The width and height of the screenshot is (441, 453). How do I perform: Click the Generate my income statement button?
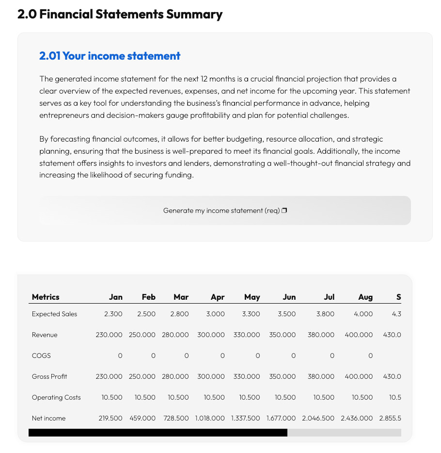point(225,210)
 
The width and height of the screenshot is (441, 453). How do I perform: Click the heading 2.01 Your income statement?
point(110,56)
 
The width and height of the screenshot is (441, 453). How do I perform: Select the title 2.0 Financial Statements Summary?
point(120,15)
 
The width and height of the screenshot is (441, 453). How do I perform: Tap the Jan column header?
point(116,297)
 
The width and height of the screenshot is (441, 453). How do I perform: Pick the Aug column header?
point(365,297)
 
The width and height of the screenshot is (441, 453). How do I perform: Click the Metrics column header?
point(46,297)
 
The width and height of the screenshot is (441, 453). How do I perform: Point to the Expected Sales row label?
point(54,314)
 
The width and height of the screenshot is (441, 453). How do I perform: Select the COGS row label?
point(41,356)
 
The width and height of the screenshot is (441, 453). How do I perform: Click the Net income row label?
point(48,418)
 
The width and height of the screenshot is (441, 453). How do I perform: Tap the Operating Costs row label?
point(56,397)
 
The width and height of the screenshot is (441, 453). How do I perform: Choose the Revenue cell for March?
point(175,335)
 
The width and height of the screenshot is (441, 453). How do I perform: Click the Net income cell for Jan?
point(110,418)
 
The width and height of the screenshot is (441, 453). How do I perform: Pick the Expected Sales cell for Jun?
point(287,314)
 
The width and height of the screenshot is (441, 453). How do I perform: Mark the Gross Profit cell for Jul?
point(321,376)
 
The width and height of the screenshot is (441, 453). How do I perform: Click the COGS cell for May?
point(257,356)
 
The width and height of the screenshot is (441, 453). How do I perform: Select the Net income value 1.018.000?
point(210,418)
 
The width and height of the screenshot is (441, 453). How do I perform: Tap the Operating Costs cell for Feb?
point(145,397)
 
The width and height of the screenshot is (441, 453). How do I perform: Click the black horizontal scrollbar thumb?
point(158,433)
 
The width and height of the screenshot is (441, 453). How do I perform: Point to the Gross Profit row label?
point(49,376)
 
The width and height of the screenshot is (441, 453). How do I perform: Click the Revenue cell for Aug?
point(359,335)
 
